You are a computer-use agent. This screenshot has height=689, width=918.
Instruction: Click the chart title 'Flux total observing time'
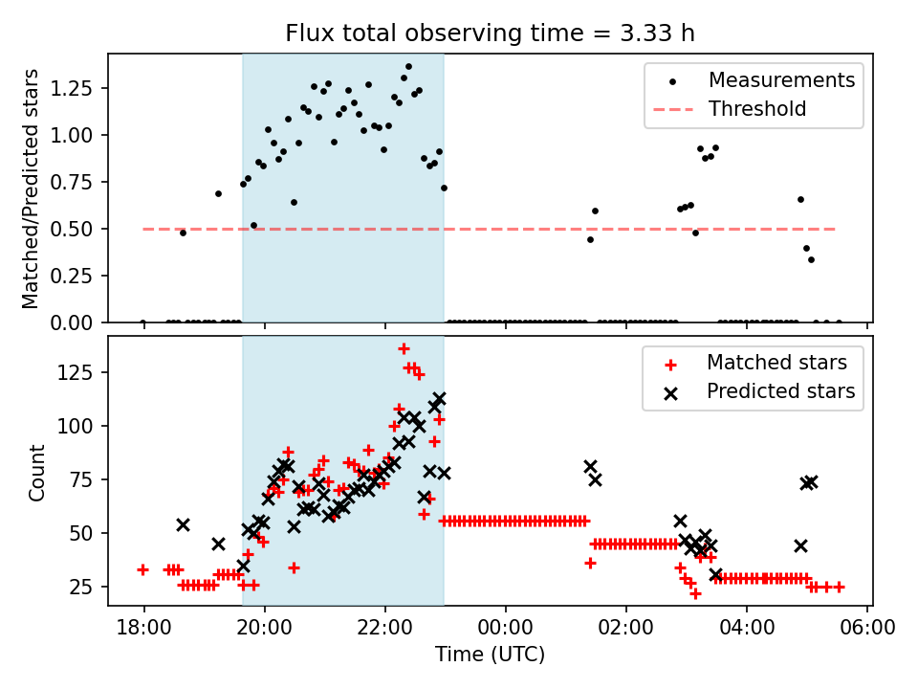(490, 33)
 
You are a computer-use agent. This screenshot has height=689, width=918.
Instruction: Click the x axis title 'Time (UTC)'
(490, 656)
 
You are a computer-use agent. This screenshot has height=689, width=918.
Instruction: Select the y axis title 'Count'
(37, 472)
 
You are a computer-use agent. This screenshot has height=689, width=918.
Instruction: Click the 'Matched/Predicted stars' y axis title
(31, 189)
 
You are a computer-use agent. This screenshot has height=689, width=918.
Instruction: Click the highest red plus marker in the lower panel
(404, 348)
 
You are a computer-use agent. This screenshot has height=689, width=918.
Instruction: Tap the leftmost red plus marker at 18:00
(142, 569)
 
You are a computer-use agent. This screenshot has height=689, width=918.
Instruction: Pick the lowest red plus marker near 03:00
(695, 593)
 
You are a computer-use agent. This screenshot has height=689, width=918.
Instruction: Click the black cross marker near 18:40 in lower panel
(183, 524)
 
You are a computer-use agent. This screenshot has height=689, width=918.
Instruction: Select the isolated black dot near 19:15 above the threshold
(218, 193)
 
